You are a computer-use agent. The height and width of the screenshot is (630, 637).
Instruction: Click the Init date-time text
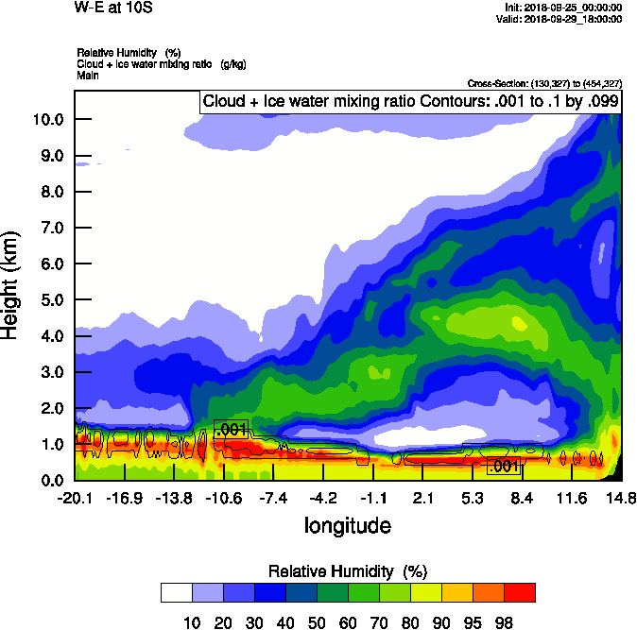pyautogui.click(x=564, y=7)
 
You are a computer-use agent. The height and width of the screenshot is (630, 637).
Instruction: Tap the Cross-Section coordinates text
pyautogui.click(x=544, y=83)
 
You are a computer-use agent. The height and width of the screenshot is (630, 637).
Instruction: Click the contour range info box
pyautogui.click(x=410, y=101)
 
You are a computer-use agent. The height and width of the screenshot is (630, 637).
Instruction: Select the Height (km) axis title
pyautogui.click(x=11, y=283)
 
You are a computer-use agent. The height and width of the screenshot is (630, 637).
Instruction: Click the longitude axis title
pyautogui.click(x=347, y=524)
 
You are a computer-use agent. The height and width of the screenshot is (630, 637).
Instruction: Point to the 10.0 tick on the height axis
pyautogui.click(x=48, y=120)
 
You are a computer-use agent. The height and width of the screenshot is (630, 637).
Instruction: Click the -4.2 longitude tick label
pyautogui.click(x=324, y=498)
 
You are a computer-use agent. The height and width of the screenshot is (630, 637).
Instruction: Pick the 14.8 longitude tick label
pyautogui.click(x=620, y=498)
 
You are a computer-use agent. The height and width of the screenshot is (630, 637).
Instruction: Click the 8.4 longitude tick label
pyautogui.click(x=523, y=498)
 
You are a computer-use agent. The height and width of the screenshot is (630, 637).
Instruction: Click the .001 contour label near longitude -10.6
pyautogui.click(x=231, y=430)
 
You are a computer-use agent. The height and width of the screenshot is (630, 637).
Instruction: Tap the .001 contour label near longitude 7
pyautogui.click(x=504, y=466)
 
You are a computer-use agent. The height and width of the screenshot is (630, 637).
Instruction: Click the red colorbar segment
pyautogui.click(x=519, y=592)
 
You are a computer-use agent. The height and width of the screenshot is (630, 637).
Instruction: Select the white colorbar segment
pyautogui.click(x=176, y=592)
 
